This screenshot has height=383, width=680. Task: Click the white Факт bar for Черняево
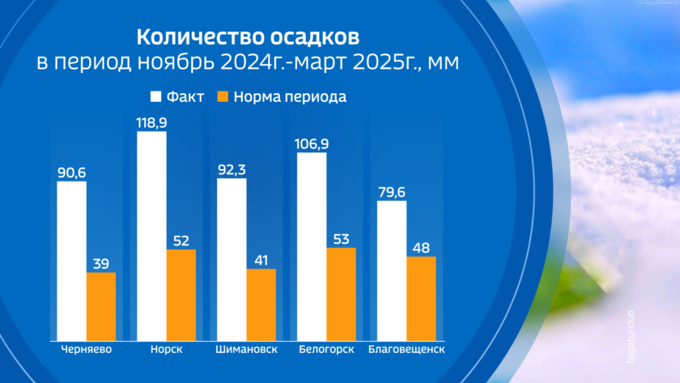(71, 261)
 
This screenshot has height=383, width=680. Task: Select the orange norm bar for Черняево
(101, 306)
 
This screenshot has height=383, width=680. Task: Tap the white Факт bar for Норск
(151, 236)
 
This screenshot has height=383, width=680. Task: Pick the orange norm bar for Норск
(181, 295)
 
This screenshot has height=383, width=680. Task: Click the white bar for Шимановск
(232, 259)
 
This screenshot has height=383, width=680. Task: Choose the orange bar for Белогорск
(342, 294)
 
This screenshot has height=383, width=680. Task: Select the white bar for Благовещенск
(392, 270)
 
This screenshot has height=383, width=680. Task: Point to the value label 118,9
(151, 120)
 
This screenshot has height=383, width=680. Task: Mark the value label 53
(342, 237)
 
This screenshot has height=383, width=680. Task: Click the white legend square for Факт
(157, 97)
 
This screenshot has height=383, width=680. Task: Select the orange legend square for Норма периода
(223, 97)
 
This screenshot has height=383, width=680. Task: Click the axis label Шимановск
(246, 350)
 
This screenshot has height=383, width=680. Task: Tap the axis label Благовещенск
(406, 350)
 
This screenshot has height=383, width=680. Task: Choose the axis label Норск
(167, 350)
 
